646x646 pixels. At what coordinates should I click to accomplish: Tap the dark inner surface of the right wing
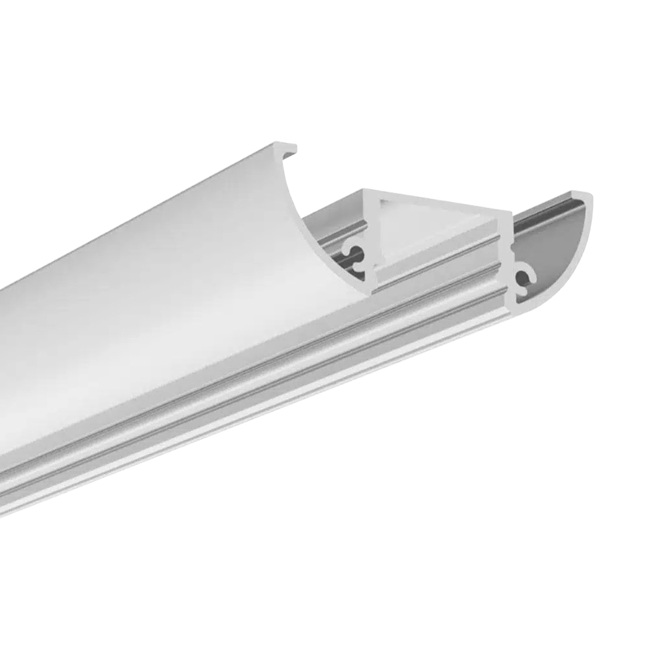[x=556, y=245]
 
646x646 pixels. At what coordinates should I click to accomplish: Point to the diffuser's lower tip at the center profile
[x=367, y=287]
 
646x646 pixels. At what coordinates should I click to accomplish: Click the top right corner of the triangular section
[x=506, y=213]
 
